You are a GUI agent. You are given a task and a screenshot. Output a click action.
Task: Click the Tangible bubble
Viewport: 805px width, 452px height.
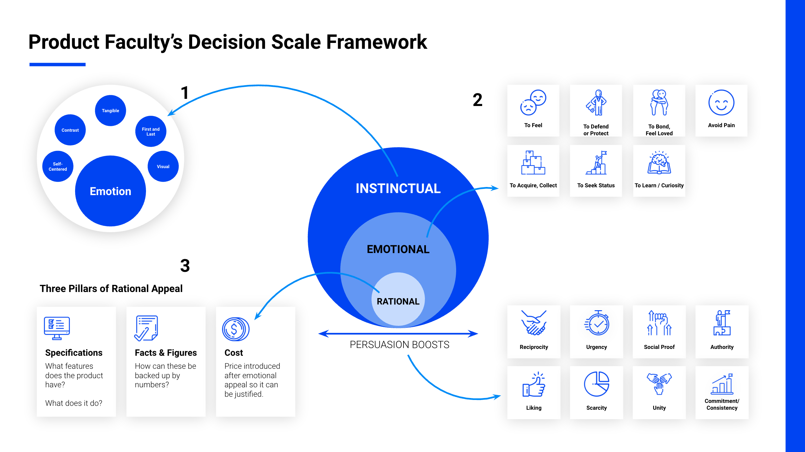[x=111, y=111]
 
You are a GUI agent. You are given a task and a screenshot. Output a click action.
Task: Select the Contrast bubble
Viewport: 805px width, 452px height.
[x=70, y=130]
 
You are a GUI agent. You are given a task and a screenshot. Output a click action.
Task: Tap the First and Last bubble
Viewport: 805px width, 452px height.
[x=151, y=131]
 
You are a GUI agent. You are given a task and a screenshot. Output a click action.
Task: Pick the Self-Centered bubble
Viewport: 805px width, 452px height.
[x=58, y=166]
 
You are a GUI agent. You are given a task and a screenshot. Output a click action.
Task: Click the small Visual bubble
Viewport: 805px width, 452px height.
[x=163, y=166]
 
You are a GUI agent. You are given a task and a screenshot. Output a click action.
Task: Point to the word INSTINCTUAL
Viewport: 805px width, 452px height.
[x=398, y=189]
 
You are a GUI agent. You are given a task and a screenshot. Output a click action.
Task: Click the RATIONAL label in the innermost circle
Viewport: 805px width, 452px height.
[x=398, y=301]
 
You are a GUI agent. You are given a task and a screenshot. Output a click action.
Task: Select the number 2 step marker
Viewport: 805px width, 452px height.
[x=477, y=100]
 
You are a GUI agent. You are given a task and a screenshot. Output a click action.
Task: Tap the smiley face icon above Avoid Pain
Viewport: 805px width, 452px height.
[x=721, y=103]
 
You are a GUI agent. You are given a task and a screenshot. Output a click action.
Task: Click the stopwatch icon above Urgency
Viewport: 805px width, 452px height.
[x=597, y=323]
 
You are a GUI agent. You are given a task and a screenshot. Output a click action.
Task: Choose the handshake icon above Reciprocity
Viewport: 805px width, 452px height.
[x=534, y=323]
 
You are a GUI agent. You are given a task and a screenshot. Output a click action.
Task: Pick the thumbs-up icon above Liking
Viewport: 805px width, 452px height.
[x=534, y=385]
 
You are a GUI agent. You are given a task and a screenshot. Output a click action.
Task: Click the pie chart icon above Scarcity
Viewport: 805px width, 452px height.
[x=597, y=384]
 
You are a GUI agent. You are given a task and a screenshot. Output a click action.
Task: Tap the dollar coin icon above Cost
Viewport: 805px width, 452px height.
[x=235, y=329]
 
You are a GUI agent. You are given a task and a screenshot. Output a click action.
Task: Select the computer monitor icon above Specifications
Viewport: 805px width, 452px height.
[x=57, y=328]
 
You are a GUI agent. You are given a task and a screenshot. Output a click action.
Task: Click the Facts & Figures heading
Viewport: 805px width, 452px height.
[x=166, y=353]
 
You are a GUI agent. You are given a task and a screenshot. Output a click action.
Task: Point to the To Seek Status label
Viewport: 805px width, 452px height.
[x=596, y=185]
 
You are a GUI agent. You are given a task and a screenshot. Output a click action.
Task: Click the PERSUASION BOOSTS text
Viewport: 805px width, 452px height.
[x=400, y=345]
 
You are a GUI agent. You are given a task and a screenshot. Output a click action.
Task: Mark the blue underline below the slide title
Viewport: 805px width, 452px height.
[x=58, y=65]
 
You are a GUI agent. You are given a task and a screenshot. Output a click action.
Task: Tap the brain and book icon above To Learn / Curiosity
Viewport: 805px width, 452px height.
[x=659, y=163]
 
